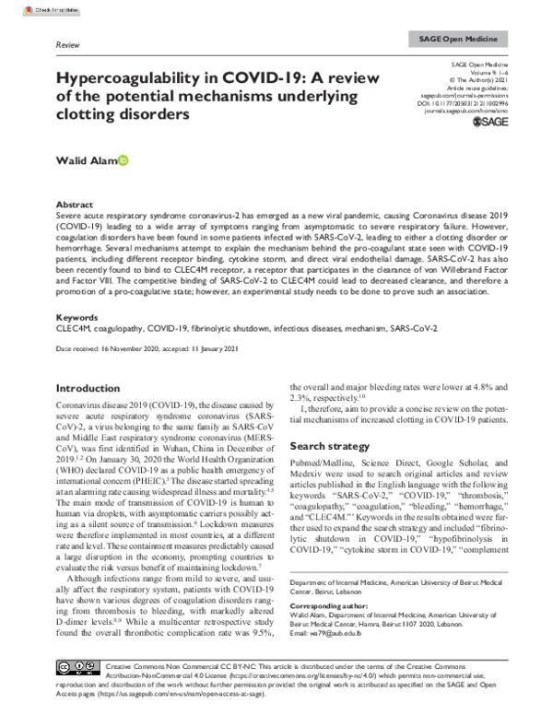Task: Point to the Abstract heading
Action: pos(76,205)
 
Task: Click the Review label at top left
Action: pos(69,43)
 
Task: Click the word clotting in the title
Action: pos(88,116)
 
